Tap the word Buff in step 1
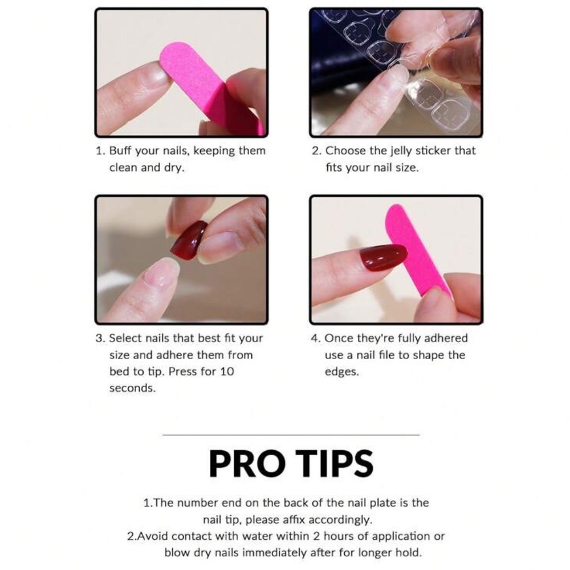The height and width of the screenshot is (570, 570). (120, 150)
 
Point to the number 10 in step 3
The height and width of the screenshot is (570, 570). (227, 372)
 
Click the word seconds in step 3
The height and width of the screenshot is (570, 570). (132, 388)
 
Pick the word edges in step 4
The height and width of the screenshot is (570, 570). (341, 372)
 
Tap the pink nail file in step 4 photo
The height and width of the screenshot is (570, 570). (418, 251)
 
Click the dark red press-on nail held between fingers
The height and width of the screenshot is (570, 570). (189, 240)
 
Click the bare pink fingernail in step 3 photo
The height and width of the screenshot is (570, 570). (161, 272)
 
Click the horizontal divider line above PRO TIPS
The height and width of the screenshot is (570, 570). (291, 434)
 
